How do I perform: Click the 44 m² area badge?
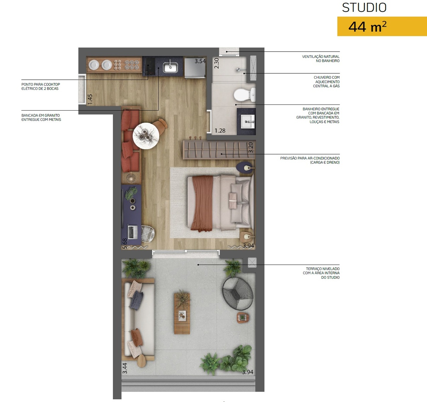click(382, 26)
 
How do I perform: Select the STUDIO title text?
click(364, 8)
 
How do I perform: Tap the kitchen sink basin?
click(170, 67)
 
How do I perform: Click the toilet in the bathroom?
click(245, 95)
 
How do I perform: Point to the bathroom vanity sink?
click(248, 122)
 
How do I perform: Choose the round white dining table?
click(146, 136)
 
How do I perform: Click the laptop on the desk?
click(133, 232)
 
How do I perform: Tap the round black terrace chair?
click(238, 293)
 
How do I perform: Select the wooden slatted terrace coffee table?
click(182, 313)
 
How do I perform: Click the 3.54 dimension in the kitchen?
click(200, 61)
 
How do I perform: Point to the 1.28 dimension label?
click(220, 131)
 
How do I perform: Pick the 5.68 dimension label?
click(125, 244)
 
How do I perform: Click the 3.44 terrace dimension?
click(125, 368)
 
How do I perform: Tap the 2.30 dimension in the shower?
click(217, 63)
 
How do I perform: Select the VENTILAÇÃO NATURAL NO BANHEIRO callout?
click(321, 59)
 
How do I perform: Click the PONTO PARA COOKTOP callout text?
click(40, 86)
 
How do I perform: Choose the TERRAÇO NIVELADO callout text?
click(321, 273)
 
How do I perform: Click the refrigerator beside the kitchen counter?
click(195, 67)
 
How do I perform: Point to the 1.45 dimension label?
click(90, 99)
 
